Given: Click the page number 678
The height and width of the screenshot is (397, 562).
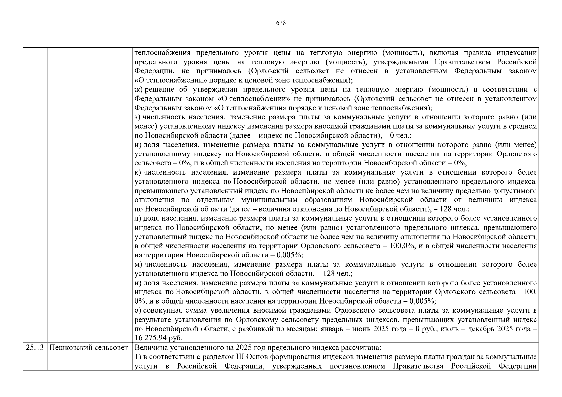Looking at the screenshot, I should pos(281,23).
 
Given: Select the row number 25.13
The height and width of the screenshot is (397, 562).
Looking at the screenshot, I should pos(35,348).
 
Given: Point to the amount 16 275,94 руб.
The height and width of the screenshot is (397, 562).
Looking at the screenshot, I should pos(159,338).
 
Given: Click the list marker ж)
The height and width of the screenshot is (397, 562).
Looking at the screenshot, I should pos(138,90).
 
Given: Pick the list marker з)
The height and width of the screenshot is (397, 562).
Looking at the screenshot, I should pos(138,117).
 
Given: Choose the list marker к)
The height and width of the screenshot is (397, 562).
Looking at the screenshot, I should pos(138,173).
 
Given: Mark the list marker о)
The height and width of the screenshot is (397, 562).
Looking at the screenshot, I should pos(138,311).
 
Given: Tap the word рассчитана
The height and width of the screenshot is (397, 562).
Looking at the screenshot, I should pos(363,348).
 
